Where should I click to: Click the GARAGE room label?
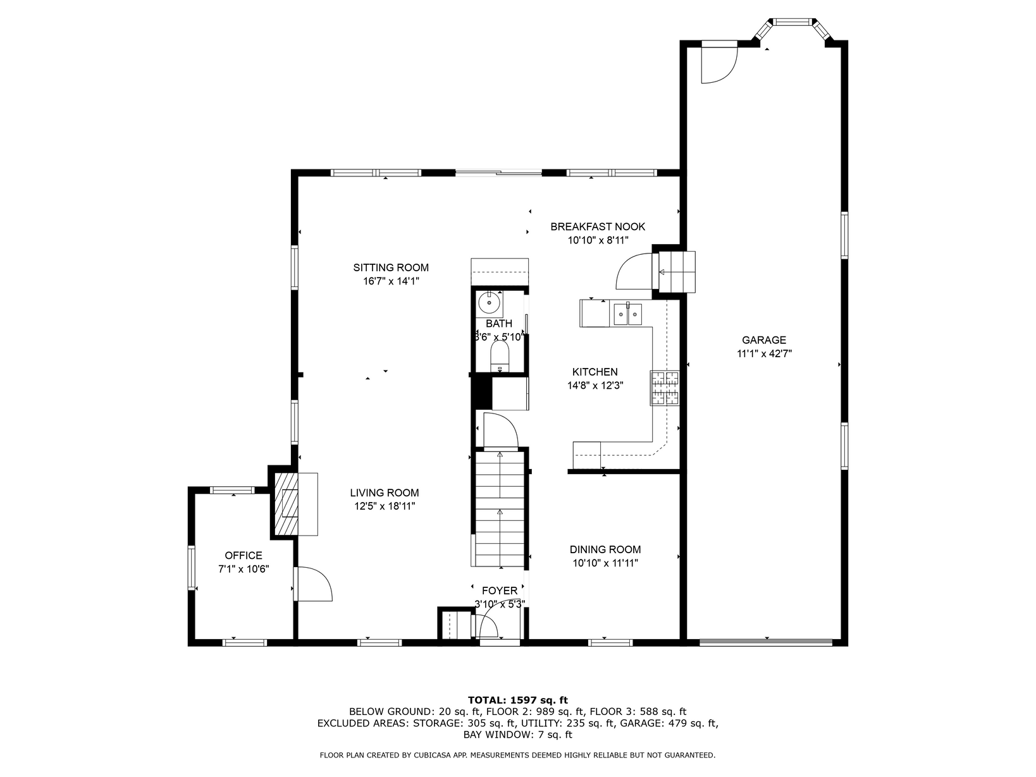[763, 340]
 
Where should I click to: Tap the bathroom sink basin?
[490, 303]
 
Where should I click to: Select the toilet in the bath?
[500, 356]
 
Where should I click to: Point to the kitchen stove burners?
[665, 388]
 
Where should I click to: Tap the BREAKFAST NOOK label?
[598, 226]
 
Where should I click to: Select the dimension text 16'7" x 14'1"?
[391, 281]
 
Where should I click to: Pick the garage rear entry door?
[719, 62]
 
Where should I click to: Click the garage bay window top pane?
[793, 21]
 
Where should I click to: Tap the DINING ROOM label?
[605, 549]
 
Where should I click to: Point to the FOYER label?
[500, 590]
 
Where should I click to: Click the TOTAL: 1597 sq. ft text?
[518, 700]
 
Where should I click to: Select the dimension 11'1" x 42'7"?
[764, 353]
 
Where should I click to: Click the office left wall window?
[191, 568]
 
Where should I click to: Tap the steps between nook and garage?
[677, 272]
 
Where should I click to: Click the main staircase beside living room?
[500, 508]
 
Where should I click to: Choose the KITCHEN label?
[595, 372]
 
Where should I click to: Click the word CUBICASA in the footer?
[435, 756]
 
